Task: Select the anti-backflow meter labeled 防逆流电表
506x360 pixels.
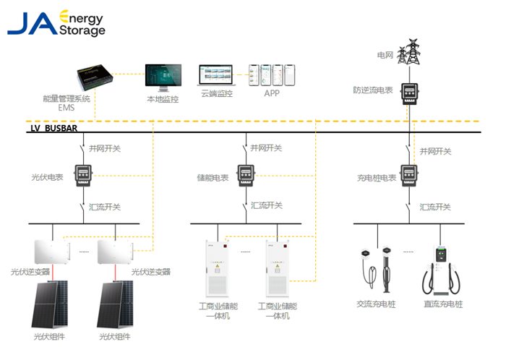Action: (x=411, y=93)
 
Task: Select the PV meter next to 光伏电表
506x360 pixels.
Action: (x=87, y=175)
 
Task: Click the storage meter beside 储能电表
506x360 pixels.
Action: (x=247, y=175)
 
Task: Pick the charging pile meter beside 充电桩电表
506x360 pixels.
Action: (x=410, y=175)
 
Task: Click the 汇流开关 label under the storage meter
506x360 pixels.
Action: (x=265, y=207)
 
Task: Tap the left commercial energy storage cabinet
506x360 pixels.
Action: (x=217, y=268)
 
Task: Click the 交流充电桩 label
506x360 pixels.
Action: (x=377, y=304)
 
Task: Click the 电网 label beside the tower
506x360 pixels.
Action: (x=385, y=55)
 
